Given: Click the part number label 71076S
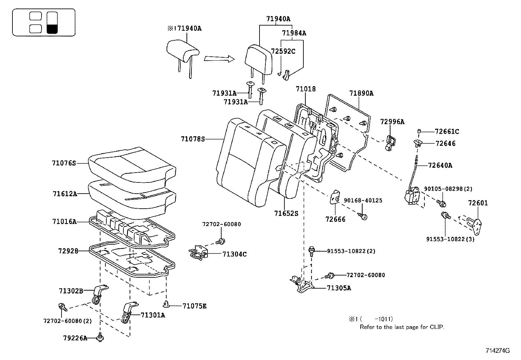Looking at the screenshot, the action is (x=64, y=163).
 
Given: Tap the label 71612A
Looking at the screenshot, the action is (x=65, y=194).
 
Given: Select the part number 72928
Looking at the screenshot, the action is (x=68, y=251).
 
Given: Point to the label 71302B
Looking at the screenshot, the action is (x=71, y=291).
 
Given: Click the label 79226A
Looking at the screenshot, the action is (x=75, y=338).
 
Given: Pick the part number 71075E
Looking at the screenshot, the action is (x=194, y=306).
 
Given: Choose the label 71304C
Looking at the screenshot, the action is (x=234, y=254).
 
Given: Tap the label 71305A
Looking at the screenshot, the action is (x=339, y=288).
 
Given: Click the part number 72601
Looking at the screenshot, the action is (x=478, y=203).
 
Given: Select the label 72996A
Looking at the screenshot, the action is (x=392, y=122).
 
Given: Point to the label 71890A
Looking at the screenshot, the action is (x=361, y=93).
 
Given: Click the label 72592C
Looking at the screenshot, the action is (x=283, y=51).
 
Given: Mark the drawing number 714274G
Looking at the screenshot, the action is (x=497, y=351).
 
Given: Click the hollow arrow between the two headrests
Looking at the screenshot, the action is (x=219, y=59).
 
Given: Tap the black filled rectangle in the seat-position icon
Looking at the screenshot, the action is (x=52, y=29).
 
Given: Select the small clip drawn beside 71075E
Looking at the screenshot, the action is (x=166, y=304).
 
